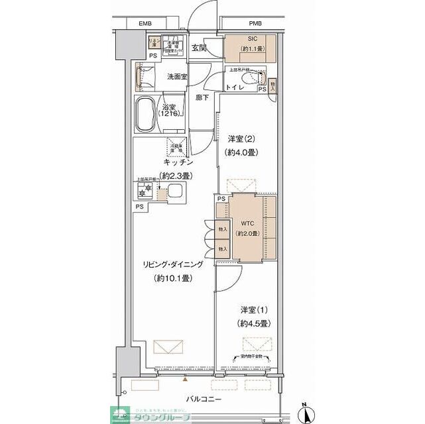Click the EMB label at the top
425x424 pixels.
coord(145,24)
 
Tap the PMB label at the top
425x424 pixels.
coord(255,24)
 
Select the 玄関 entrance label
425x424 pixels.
coord(200,48)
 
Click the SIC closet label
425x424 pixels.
coord(243,39)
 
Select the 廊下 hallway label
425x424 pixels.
coord(202,98)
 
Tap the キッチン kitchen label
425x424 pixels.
coord(178,162)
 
